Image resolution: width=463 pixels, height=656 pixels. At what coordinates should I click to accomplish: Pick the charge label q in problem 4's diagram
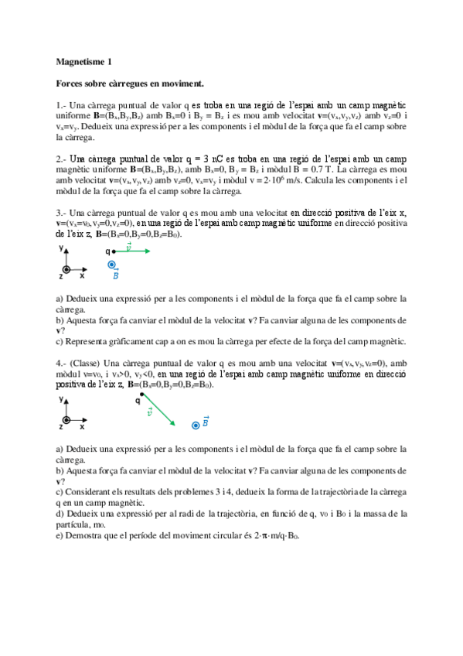137,401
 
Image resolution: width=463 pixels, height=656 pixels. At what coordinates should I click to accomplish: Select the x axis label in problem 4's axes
82,426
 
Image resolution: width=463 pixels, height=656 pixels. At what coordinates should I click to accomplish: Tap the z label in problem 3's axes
61,275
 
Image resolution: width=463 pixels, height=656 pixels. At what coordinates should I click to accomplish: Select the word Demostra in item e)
83,535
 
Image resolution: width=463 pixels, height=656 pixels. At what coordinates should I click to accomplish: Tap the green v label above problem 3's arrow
128,244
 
